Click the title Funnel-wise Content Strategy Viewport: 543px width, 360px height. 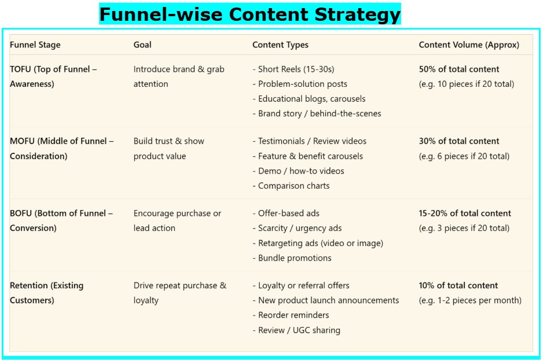[250, 14]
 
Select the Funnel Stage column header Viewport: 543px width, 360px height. [35, 45]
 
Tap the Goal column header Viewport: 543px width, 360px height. [142, 45]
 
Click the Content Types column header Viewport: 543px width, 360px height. [280, 45]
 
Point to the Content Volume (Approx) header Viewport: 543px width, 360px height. [469, 45]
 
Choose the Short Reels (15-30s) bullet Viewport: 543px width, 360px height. [293, 69]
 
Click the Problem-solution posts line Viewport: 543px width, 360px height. [300, 84]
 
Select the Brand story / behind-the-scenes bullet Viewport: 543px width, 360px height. [317, 113]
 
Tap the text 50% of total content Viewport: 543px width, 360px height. [459, 69]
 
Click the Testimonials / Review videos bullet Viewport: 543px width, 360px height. [310, 141]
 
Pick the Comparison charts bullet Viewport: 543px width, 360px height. [291, 186]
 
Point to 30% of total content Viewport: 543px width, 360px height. [459, 141]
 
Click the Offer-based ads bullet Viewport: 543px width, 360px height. [286, 213]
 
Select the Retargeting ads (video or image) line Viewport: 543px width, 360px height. [318, 243]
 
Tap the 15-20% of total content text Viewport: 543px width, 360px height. [465, 213]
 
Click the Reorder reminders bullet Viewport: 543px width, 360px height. [291, 315]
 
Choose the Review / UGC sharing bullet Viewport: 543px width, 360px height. [296, 330]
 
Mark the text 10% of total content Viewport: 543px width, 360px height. [458, 285]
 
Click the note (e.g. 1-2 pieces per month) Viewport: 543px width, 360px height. [470, 300]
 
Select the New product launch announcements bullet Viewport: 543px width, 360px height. [326, 300]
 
